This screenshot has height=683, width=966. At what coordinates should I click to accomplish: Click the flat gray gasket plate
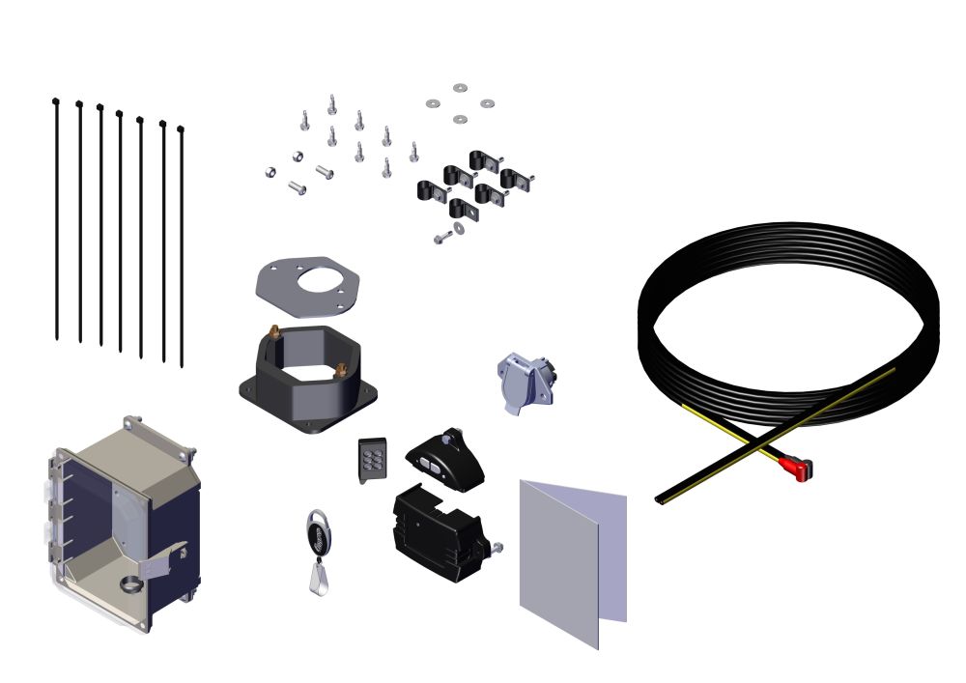307,287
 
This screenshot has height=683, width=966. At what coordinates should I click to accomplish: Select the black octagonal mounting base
307,382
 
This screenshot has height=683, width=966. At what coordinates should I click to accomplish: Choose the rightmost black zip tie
182,246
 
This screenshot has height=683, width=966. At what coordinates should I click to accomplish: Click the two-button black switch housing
445,460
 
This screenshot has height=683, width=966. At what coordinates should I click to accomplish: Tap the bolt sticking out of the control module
497,549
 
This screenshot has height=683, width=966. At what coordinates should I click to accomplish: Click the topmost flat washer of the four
460,88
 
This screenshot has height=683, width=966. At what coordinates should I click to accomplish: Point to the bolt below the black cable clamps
443,235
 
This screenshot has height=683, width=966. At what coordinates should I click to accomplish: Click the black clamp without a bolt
464,208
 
